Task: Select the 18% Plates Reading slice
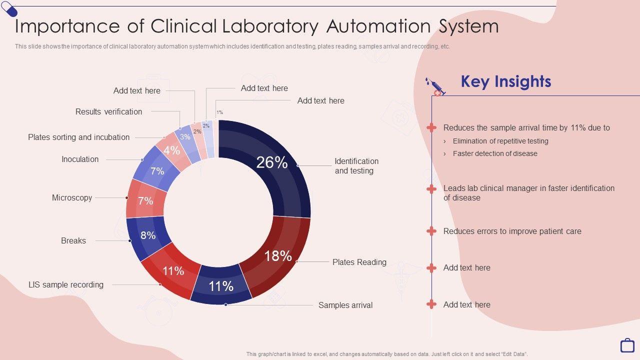(x=278, y=255)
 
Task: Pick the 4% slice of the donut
(x=172, y=150)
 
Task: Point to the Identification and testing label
(x=356, y=166)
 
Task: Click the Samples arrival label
(x=345, y=305)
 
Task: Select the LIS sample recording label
(x=66, y=284)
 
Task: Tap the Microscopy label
(x=72, y=197)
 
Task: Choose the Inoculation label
(x=80, y=159)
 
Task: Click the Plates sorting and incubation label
(x=79, y=137)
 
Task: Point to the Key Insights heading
(x=505, y=81)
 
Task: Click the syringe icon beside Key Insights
(x=435, y=86)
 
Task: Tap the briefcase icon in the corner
(x=627, y=345)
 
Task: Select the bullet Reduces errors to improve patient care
(x=512, y=231)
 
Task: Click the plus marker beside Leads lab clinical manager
(x=431, y=188)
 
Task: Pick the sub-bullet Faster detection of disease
(x=495, y=153)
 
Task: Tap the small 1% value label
(x=219, y=112)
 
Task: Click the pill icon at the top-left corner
(x=9, y=8)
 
